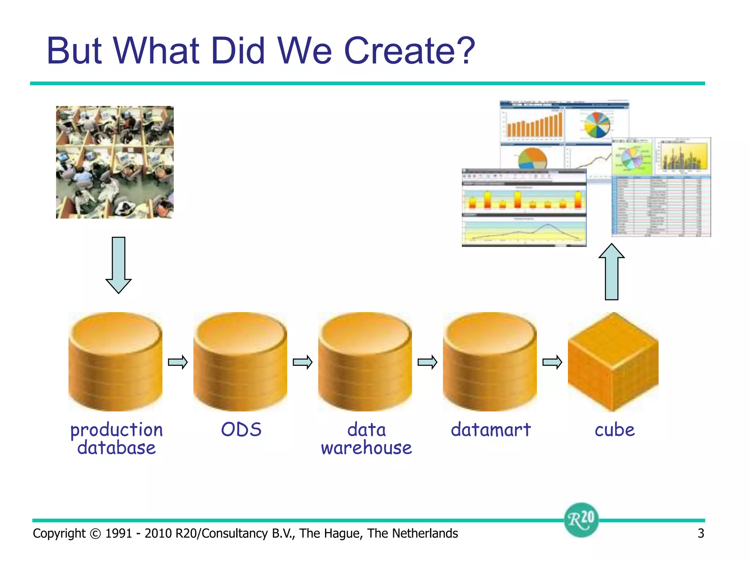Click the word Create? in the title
click(410, 51)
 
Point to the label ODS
click(241, 430)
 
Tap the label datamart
click(490, 430)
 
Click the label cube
click(614, 430)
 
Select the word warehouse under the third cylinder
click(366, 448)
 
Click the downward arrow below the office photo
click(118, 265)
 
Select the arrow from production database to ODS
click(178, 362)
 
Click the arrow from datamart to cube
click(552, 362)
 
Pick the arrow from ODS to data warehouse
click(303, 362)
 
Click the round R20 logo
click(581, 520)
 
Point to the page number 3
click(701, 533)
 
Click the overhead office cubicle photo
click(114, 162)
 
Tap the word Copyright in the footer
click(59, 533)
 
